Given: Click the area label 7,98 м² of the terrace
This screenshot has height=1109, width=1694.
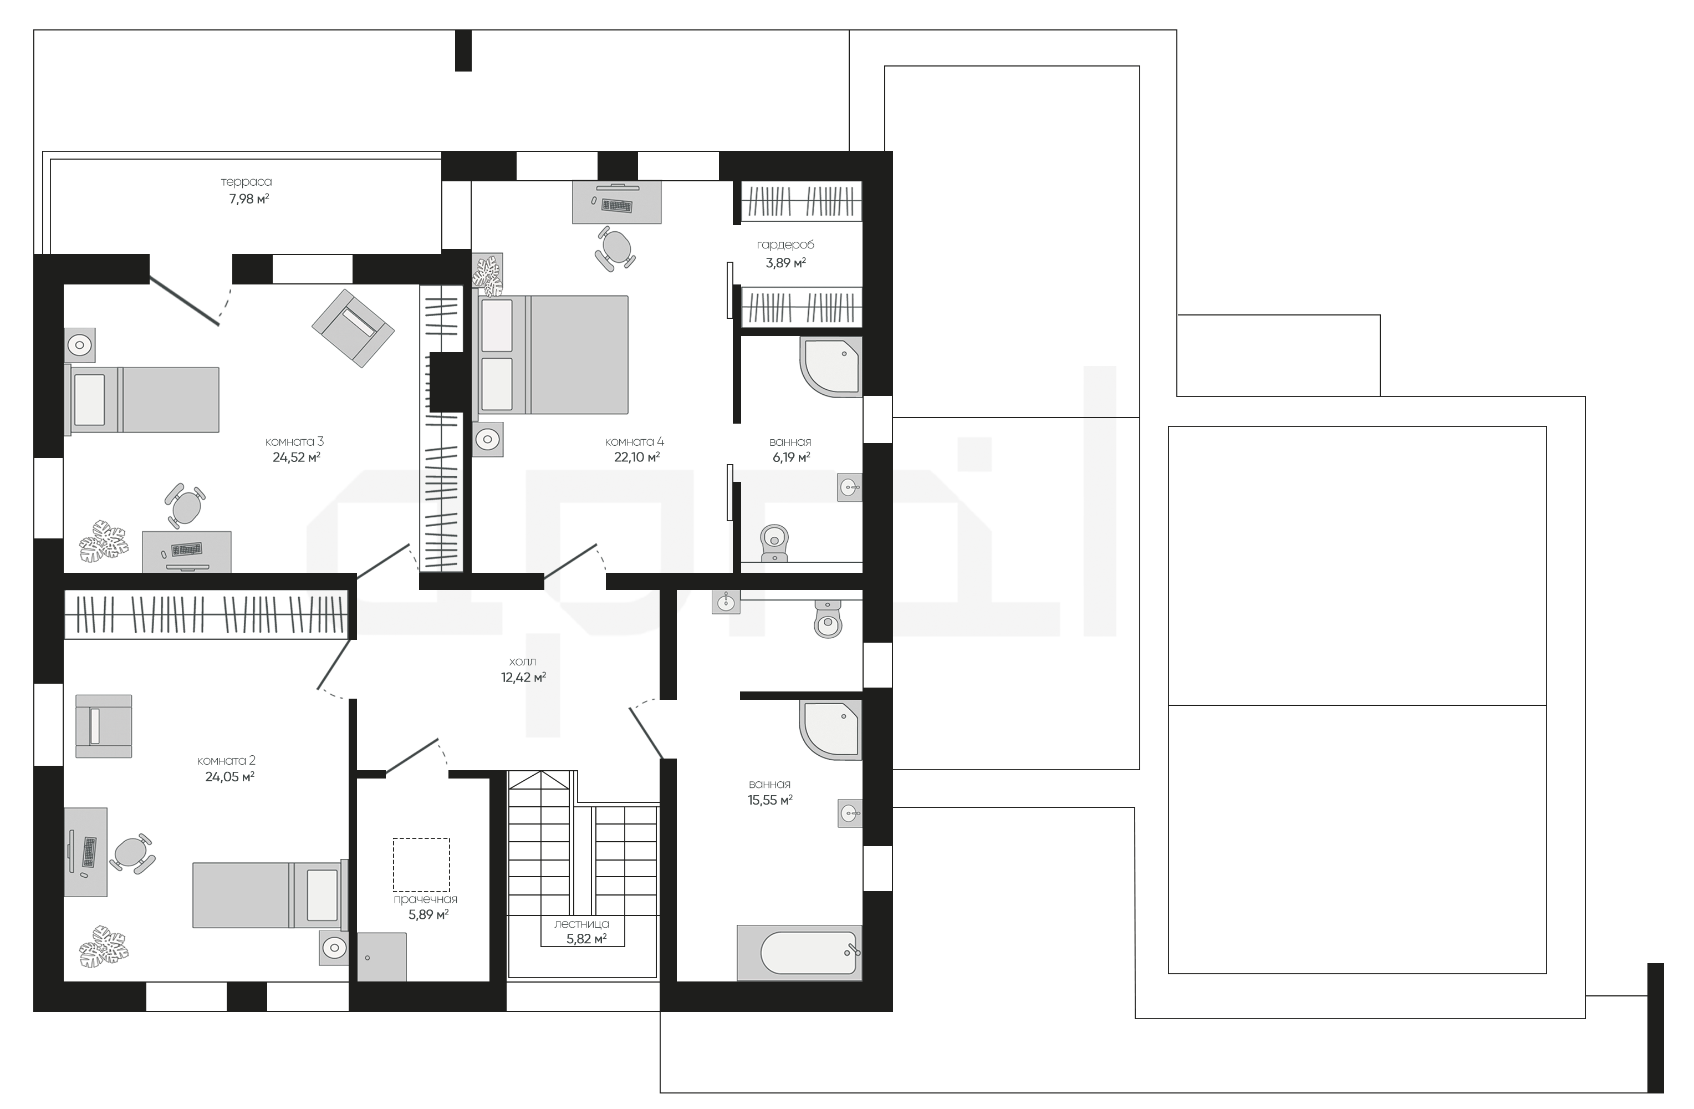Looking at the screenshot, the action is point(248,199).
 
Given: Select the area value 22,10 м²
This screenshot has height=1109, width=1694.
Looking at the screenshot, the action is point(637,457).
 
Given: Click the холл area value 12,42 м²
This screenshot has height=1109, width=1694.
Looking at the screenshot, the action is point(523,678).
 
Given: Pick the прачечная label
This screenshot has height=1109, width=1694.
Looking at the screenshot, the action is point(426,899).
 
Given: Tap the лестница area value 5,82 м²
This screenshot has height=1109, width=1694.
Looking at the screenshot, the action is point(586,939).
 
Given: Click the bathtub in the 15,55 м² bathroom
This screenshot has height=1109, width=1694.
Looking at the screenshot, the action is point(799,953).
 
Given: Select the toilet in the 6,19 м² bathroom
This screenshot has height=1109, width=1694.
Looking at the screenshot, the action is point(774,544).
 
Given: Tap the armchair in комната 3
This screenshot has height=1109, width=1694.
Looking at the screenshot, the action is point(353,328).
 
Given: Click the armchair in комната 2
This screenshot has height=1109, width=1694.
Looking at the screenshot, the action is point(104,726).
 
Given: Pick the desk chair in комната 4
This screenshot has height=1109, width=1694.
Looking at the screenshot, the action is point(616,248).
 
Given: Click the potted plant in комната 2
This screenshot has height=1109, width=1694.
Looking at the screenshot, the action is point(104,947).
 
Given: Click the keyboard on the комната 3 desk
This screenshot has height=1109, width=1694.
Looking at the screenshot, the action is point(186,550).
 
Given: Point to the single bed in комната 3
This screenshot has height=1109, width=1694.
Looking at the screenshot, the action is point(142,399).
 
